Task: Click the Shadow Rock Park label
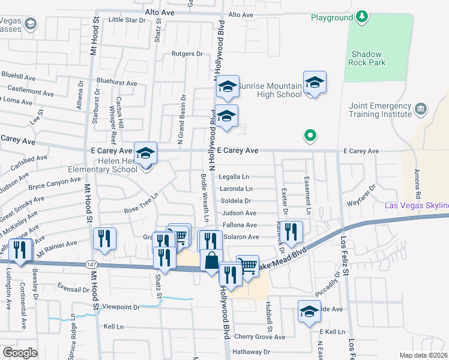366,58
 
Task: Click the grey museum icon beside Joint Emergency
421,109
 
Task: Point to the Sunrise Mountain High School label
269,90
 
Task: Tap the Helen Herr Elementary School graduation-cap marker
145,154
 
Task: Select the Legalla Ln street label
234,177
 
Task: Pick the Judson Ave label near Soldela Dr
239,213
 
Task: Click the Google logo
20,352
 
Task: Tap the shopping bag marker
211,261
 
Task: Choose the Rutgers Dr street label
187,54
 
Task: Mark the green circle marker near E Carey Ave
310,136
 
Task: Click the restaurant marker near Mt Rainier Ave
105,239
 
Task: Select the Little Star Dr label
127,20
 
